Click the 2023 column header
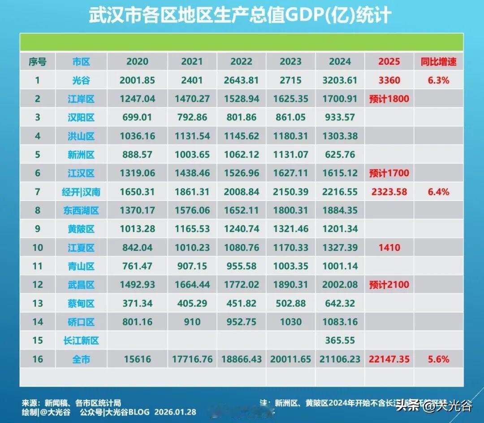(x=290, y=61)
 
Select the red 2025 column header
(x=389, y=61)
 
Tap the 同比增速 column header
(x=438, y=61)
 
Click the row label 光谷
(x=81, y=80)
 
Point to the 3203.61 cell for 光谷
(x=340, y=80)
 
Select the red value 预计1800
(x=389, y=99)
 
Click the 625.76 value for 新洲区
(x=340, y=155)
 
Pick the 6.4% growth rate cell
(x=438, y=192)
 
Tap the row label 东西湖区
(x=81, y=210)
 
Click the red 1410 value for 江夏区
(x=389, y=248)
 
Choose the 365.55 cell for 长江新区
(x=340, y=340)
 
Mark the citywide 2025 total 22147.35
(x=389, y=359)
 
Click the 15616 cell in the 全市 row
(x=137, y=359)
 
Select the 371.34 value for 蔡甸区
(x=137, y=303)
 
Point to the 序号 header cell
(x=38, y=61)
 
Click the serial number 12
(x=38, y=285)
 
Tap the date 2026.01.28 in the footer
(x=175, y=412)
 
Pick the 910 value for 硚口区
(x=192, y=322)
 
